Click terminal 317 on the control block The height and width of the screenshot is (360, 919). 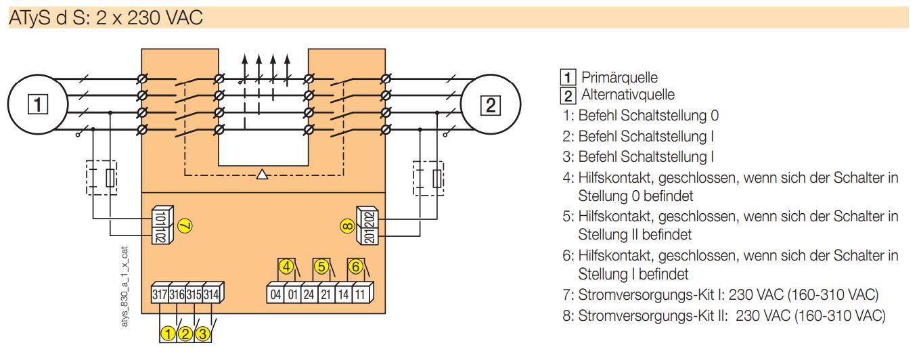[x=160, y=294]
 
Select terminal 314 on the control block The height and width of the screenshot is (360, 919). [x=211, y=294]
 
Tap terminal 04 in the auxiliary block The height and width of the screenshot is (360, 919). [x=275, y=294]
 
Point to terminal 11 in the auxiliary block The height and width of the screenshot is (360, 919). [x=360, y=294]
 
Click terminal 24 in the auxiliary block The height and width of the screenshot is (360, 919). [x=309, y=294]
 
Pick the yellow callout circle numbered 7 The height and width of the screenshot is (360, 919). [x=185, y=225]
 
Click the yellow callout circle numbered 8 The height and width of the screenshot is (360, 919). [x=347, y=226]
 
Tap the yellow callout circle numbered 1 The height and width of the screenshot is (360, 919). [x=168, y=334]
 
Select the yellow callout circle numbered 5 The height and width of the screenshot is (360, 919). [x=321, y=267]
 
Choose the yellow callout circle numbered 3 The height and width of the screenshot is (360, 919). [x=202, y=334]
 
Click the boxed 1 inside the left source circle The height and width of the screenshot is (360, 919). [x=38, y=104]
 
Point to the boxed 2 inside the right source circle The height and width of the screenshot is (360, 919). [x=490, y=106]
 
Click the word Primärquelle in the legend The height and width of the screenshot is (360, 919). [x=619, y=78]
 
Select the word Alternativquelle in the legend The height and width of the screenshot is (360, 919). [x=628, y=95]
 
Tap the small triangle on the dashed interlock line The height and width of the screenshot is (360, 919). [x=262, y=175]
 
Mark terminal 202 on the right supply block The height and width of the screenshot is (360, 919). [x=370, y=218]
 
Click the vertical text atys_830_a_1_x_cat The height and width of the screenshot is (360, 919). [x=125, y=287]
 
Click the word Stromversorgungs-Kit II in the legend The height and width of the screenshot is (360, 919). [x=653, y=316]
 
